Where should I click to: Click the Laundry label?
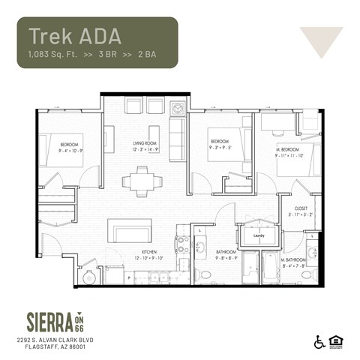(259, 235)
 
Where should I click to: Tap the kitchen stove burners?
(181, 242)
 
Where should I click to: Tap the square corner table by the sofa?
(177, 107)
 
